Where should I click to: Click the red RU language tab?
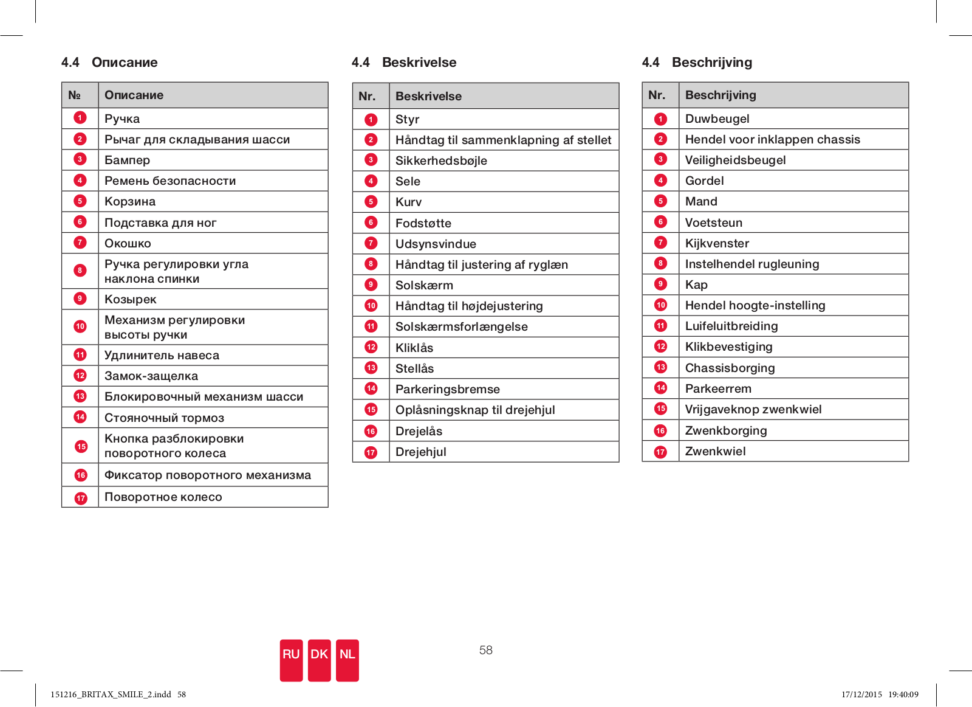(291, 660)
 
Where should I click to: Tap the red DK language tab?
(320, 660)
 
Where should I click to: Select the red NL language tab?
(347, 660)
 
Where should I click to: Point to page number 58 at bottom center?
(485, 650)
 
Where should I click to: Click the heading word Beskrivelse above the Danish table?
(419, 62)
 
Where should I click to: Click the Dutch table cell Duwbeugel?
(717, 119)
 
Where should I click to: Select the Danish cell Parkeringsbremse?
(447, 389)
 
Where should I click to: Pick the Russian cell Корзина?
(130, 201)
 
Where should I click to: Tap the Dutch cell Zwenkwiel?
(715, 451)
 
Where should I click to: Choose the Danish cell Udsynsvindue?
(436, 244)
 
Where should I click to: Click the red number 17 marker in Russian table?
(81, 498)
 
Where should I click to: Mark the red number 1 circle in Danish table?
(371, 119)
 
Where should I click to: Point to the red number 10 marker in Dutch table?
(660, 305)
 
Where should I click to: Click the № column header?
(74, 95)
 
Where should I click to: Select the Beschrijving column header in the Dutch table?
(720, 95)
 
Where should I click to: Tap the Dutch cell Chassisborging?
(730, 368)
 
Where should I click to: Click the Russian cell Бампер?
(127, 160)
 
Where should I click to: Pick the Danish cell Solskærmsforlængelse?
(461, 326)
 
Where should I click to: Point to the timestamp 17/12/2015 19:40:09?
(880, 694)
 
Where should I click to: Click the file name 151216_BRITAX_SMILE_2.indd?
(111, 694)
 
